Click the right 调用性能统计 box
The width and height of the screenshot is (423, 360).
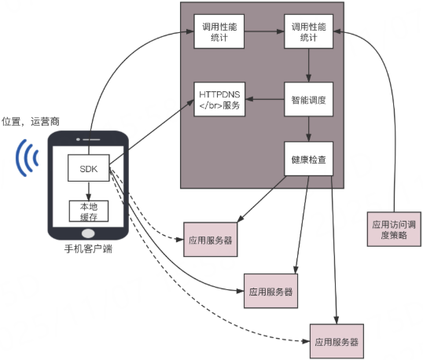click(x=309, y=32)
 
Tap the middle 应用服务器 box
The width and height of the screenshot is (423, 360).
click(x=271, y=290)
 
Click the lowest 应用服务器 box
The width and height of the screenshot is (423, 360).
click(x=337, y=341)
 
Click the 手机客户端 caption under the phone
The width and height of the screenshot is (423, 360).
click(x=88, y=250)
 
